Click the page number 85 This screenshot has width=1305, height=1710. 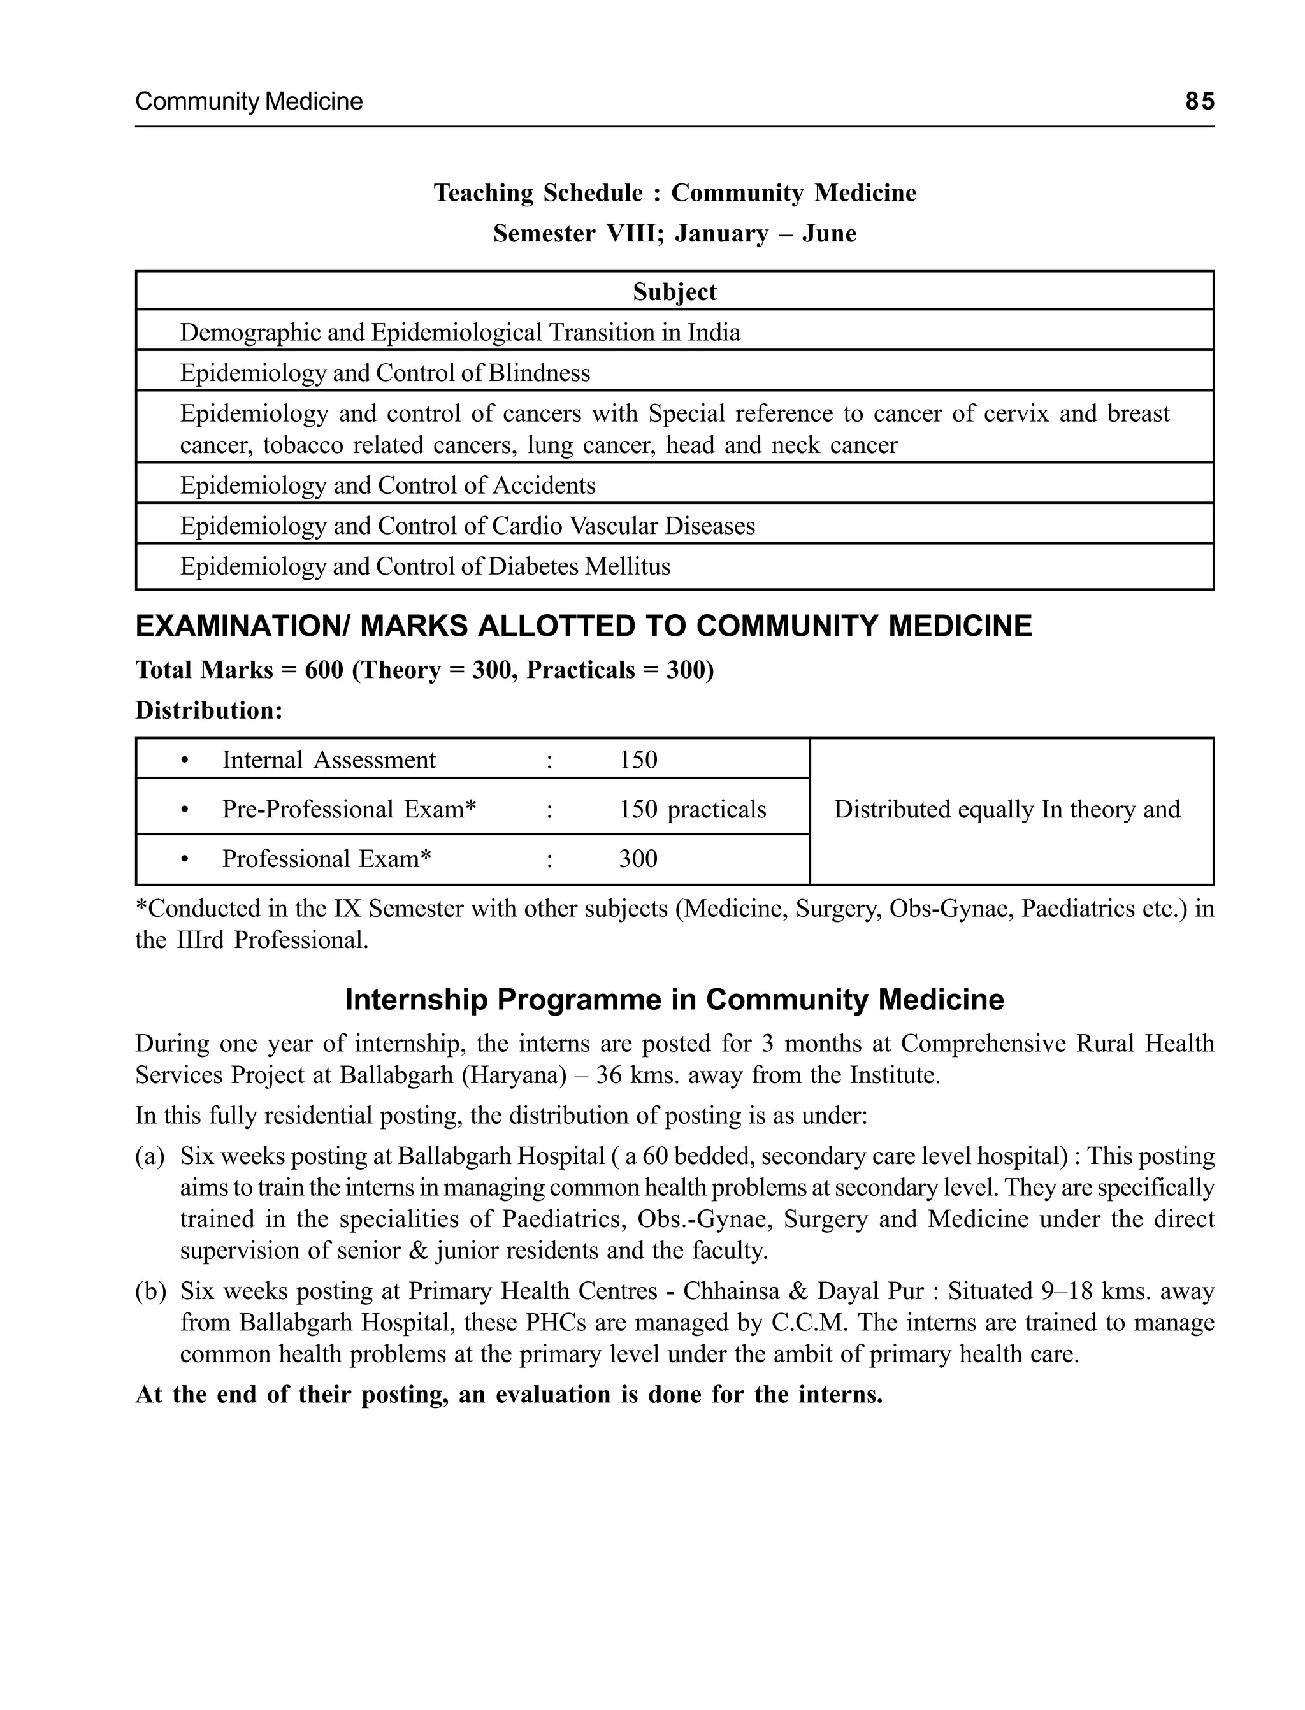[x=1199, y=102]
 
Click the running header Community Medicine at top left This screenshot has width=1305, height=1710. [x=249, y=102]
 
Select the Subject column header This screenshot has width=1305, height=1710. [x=674, y=291]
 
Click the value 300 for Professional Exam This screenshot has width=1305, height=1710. [x=638, y=858]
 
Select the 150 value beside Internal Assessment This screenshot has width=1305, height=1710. [x=638, y=759]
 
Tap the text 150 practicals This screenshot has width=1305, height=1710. [x=692, y=809]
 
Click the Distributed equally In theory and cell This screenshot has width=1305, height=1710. [x=1007, y=809]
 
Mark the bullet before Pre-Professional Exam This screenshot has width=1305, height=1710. [x=184, y=810]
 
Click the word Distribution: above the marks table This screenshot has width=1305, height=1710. [x=209, y=710]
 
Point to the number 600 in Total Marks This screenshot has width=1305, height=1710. [x=323, y=670]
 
